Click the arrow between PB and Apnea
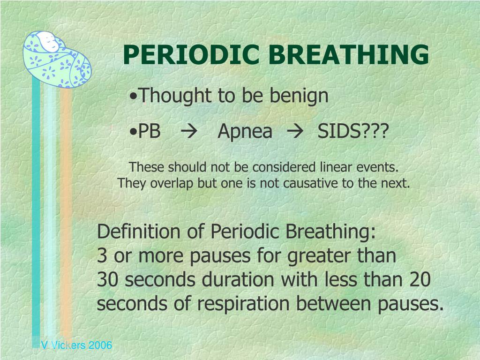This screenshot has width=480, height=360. [x=189, y=132]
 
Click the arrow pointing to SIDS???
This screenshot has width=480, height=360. [x=295, y=132]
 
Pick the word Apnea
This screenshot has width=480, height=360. [x=245, y=132]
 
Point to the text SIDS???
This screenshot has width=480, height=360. [x=353, y=131]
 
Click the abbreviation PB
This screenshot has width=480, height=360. [x=149, y=131]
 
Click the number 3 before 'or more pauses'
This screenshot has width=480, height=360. [x=102, y=255]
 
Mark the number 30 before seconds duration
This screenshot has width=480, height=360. [x=107, y=280]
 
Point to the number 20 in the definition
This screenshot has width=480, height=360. [x=420, y=280]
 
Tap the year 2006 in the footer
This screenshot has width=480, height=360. [x=100, y=345]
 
